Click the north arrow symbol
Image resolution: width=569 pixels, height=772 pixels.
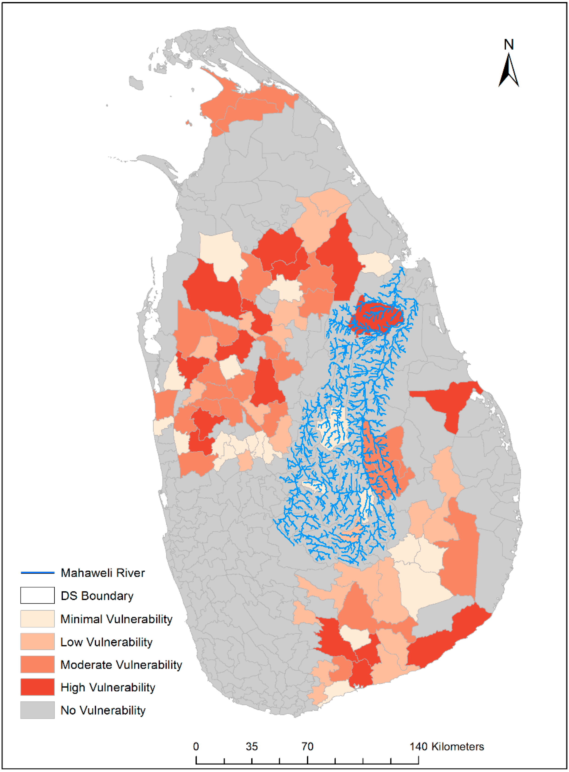pyautogui.click(x=508, y=71)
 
